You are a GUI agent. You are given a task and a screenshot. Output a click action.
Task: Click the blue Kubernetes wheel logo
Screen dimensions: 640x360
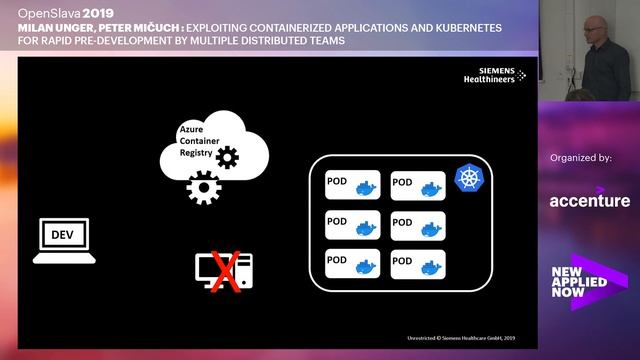coord(467,178)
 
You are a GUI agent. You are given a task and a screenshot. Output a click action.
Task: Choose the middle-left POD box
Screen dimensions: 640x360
coord(352,224)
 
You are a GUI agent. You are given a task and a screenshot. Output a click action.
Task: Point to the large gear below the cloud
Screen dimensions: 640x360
coord(203,188)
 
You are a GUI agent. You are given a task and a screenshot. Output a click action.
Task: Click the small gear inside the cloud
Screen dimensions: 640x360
coord(228,156)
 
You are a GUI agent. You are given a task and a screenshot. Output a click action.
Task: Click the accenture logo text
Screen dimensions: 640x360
coord(589,201)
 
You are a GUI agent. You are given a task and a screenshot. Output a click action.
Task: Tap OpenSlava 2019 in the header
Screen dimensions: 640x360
coord(51,12)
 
